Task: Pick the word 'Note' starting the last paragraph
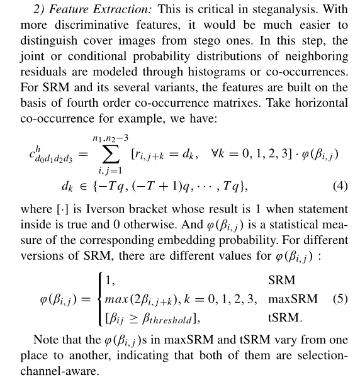click(45, 340)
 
